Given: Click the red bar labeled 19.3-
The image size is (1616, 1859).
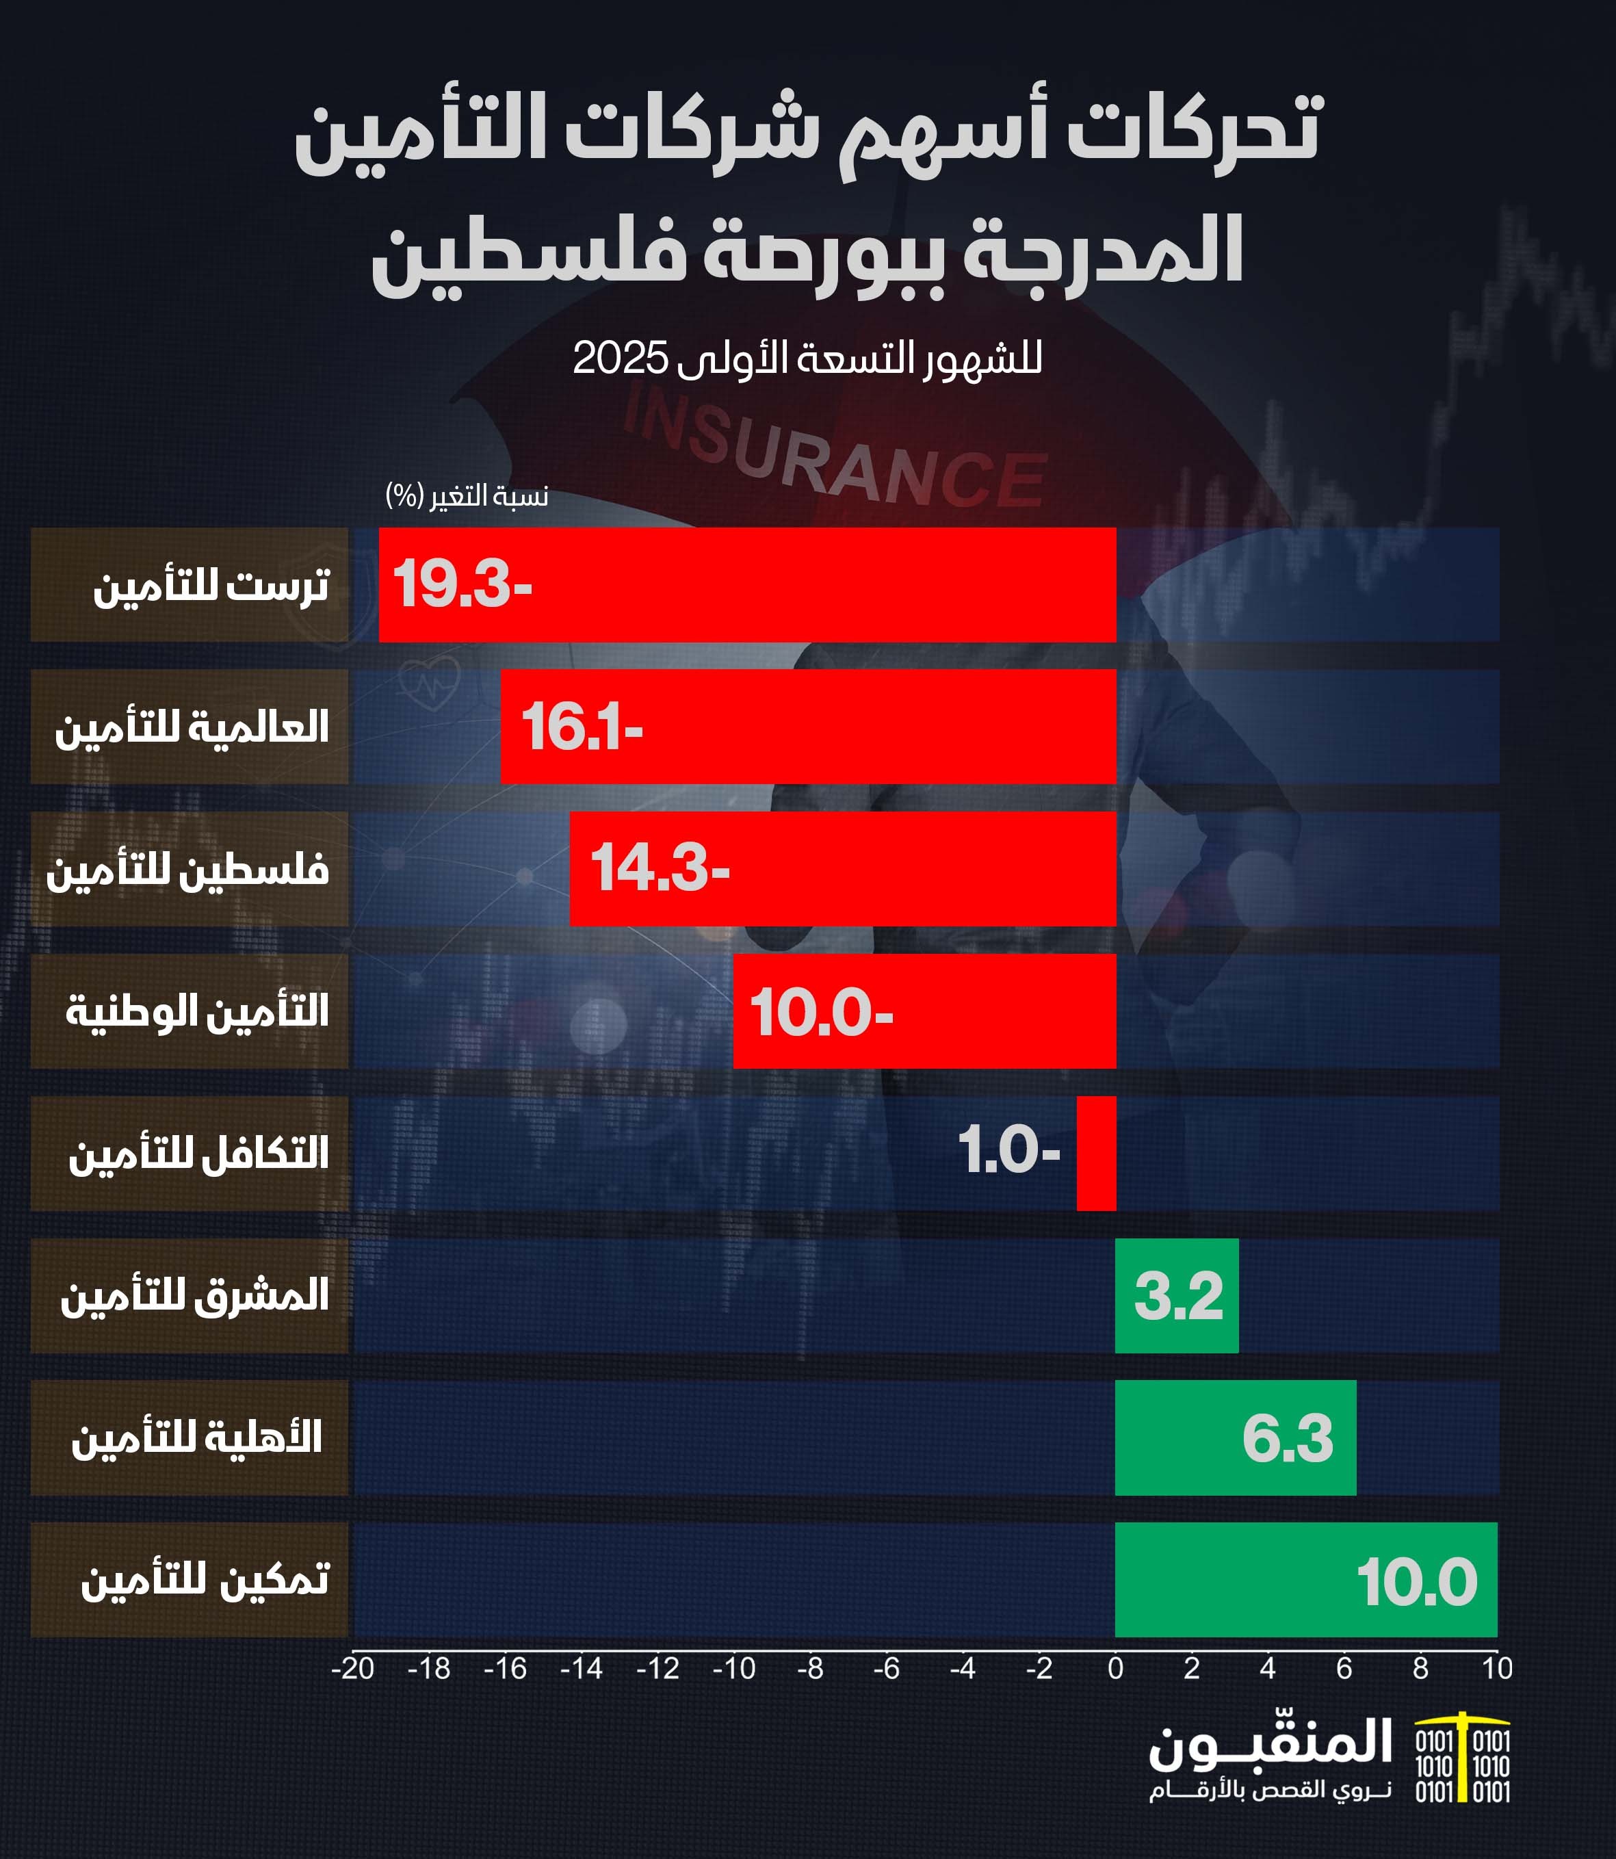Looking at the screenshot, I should coord(746,584).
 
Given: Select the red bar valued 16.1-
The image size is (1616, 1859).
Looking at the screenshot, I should coord(808,726).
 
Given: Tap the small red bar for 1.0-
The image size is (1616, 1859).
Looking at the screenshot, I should coord(1095,1153).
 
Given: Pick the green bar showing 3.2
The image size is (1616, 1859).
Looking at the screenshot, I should coord(1176,1295).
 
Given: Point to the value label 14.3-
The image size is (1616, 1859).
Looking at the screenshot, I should coord(660,868).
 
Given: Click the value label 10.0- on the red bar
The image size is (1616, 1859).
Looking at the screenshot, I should coord(820,1011).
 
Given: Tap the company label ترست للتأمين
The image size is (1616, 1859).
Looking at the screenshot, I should coord(211,586).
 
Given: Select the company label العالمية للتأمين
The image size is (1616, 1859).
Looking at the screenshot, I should coord(191,727).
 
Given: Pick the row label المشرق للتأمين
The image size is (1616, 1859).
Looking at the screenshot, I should coord(194,1296).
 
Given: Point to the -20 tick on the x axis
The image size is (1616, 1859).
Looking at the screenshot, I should coord(352,1669).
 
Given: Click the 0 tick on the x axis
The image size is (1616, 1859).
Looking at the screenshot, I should coord(1115,1669).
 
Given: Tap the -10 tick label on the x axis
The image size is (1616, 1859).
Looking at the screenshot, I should coord(733,1669).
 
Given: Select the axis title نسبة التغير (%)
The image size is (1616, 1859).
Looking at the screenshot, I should coord(466,495).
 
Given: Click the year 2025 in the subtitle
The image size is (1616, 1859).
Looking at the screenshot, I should coord(621,358).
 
